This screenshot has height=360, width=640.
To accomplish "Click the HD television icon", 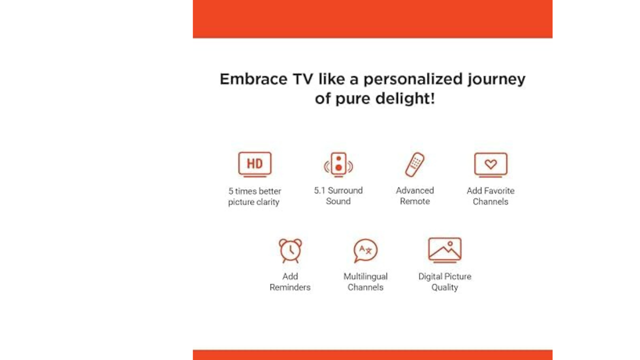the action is pos(255,165).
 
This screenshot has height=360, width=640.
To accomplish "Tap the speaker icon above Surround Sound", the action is pos(338,165).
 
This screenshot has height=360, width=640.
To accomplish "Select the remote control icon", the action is pos(415,165).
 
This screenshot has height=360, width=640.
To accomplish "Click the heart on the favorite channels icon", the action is pos(491,164).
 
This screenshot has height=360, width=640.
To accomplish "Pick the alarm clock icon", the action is pos(290,250).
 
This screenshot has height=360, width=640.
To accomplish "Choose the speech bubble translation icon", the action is pos(365,250).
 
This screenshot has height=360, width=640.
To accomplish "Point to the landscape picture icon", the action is pos(445,250).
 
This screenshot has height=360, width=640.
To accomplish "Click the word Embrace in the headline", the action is pos(253,79).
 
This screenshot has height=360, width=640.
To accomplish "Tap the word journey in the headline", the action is pos(496,79).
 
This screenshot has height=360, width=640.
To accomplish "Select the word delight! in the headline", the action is pos(405,98).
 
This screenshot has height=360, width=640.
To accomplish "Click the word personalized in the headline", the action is pos(413,79).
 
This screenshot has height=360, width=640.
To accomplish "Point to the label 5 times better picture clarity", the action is pos(254,196).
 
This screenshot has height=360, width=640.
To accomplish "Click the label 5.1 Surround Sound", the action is pos(338,195).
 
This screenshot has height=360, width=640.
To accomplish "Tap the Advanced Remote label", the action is pos(415,195).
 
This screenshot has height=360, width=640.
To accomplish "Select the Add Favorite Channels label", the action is pos(490,196).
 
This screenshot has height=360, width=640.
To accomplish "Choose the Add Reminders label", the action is pos(290,281).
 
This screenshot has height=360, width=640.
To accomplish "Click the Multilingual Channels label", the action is pos(365,281).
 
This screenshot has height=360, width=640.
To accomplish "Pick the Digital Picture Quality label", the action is pos(445,281).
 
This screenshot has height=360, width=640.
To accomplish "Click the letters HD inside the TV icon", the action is pos(255,163).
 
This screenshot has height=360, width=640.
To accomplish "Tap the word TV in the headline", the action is pos(303,79).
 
